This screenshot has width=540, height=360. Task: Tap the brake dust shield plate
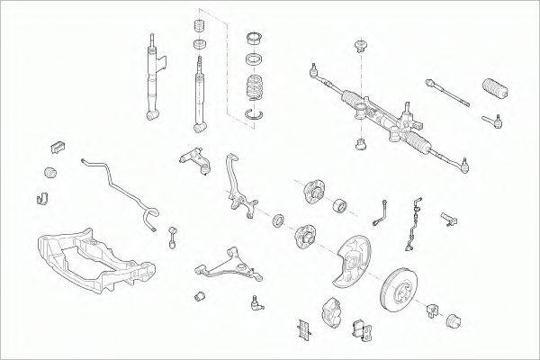pyautogui.click(x=344, y=257)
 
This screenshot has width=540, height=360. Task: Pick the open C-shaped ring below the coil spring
pyautogui.click(x=256, y=112)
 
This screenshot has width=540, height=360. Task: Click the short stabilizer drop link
pyautogui.click(x=171, y=236)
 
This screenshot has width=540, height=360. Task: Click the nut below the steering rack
pyautogui.click(x=361, y=142)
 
